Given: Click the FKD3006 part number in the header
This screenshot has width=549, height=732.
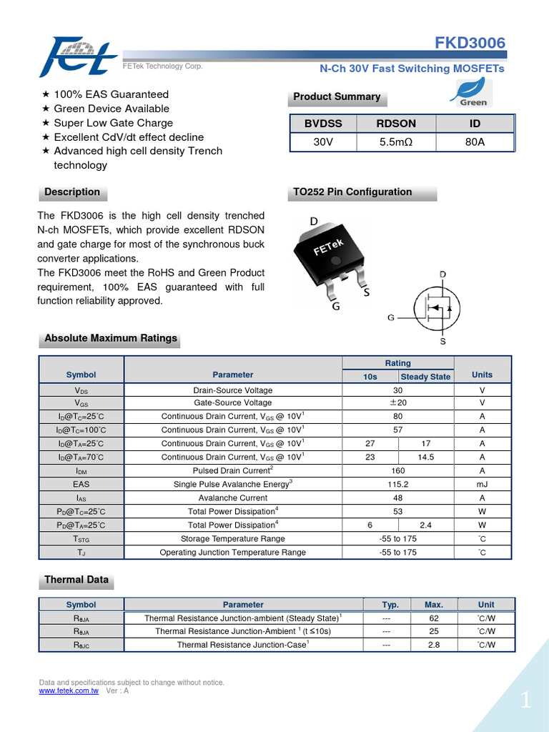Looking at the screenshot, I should (470, 44).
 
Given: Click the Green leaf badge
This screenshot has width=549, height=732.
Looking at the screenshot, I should (473, 92).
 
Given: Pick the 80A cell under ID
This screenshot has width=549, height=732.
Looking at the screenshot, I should (475, 142).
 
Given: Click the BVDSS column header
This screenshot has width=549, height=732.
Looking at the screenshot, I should (323, 124).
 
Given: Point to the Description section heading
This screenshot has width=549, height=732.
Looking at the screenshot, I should (72, 192).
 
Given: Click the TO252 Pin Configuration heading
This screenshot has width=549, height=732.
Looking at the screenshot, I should (352, 192).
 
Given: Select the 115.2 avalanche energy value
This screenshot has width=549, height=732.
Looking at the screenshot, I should (398, 485).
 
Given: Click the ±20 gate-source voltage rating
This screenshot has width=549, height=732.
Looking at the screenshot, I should (398, 403).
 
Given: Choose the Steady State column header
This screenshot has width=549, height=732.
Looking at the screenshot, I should (426, 377).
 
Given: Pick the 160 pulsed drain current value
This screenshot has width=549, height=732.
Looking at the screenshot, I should (398, 471).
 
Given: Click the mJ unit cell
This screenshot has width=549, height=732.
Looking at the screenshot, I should (483, 485).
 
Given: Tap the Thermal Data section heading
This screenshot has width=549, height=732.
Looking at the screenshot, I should (76, 580).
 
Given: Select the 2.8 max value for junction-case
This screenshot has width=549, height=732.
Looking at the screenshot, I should (434, 645).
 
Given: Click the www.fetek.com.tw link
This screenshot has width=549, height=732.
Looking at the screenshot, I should (69, 691).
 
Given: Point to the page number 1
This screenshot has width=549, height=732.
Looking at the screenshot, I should (526, 701).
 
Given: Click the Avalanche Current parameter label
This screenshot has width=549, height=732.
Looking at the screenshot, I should (233, 498).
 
